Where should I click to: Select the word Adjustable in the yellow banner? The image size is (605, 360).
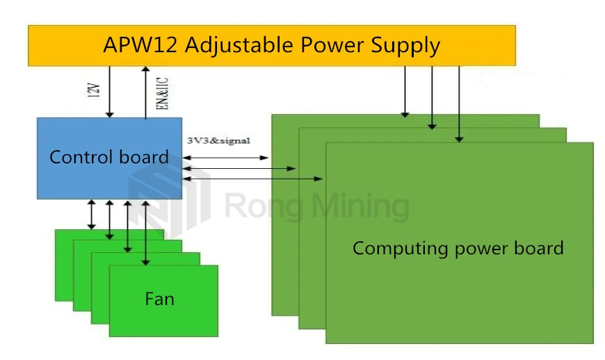pos(226,47)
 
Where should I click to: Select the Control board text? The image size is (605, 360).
pos(108,157)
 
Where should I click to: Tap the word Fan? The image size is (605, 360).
pos(159,299)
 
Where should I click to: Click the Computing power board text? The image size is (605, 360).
pos(458,248)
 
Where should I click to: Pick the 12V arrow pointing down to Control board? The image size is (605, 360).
pos(109,92)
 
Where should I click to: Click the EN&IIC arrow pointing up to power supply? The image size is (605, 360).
pos(145,92)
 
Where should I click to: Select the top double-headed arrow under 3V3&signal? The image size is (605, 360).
pos(225,158)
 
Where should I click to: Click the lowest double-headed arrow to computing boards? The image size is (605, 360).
pos(252,179)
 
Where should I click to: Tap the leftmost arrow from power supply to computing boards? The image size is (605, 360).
pos(405,90)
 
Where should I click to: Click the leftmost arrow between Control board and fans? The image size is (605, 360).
pos(91,214)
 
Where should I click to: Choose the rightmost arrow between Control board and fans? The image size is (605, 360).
pos(145,233)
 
